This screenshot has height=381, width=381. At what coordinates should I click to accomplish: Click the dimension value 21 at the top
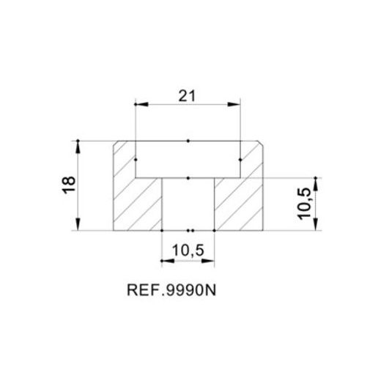[188, 95]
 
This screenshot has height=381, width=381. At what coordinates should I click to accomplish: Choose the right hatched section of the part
[239, 202]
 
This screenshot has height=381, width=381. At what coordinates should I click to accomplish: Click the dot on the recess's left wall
[136, 159]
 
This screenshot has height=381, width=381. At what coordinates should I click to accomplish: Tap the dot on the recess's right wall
[240, 159]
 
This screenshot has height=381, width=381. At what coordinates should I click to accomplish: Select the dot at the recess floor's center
[188, 178]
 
